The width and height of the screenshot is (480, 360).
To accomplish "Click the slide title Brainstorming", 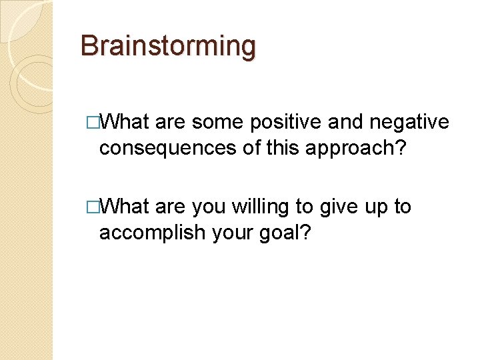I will pos(167,46).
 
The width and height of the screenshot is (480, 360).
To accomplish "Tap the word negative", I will pos(408,122).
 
